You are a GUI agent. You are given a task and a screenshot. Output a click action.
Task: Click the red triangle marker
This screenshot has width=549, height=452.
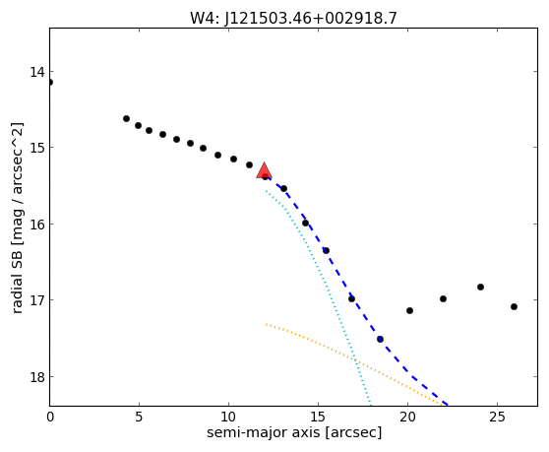pyautogui.click(x=264, y=170)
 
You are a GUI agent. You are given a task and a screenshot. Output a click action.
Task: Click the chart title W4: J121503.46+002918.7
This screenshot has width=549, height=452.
pyautogui.click(x=293, y=19)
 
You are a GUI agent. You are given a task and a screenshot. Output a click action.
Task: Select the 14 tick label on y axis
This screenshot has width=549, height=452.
pyautogui.click(x=37, y=72)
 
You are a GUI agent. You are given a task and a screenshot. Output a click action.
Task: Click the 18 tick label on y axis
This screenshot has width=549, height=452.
pyautogui.click(x=37, y=377)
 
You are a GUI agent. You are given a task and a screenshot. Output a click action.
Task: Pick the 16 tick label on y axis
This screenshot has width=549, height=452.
pyautogui.click(x=37, y=225)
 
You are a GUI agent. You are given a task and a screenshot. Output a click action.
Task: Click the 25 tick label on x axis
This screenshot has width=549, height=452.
pyautogui.click(x=497, y=418)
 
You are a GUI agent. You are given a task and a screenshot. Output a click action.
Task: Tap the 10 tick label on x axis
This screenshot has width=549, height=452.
pyautogui.click(x=228, y=418)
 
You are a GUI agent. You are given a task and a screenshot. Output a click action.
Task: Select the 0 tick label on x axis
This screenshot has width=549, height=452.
pyautogui.click(x=50, y=418)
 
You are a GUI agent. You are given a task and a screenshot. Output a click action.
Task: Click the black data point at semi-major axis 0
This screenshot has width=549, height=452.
pyautogui.click(x=50, y=83)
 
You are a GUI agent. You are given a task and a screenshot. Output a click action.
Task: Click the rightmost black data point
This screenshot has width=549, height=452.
pyautogui.click(x=514, y=306)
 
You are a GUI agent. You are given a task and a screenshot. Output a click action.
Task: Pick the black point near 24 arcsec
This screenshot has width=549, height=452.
pyautogui.click(x=480, y=287)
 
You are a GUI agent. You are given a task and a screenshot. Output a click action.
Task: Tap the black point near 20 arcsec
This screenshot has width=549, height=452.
pyautogui.click(x=409, y=310)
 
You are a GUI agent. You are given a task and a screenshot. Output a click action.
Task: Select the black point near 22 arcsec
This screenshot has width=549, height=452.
pyautogui.click(x=444, y=299)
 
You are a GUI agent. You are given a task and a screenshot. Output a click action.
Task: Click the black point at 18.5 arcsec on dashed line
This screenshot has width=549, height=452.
pyautogui.click(x=380, y=339)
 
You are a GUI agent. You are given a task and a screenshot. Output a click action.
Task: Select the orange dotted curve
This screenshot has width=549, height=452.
pyautogui.click(x=353, y=358)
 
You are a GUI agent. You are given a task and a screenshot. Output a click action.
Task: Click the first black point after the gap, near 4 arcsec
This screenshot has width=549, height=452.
pyautogui.click(x=126, y=119)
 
